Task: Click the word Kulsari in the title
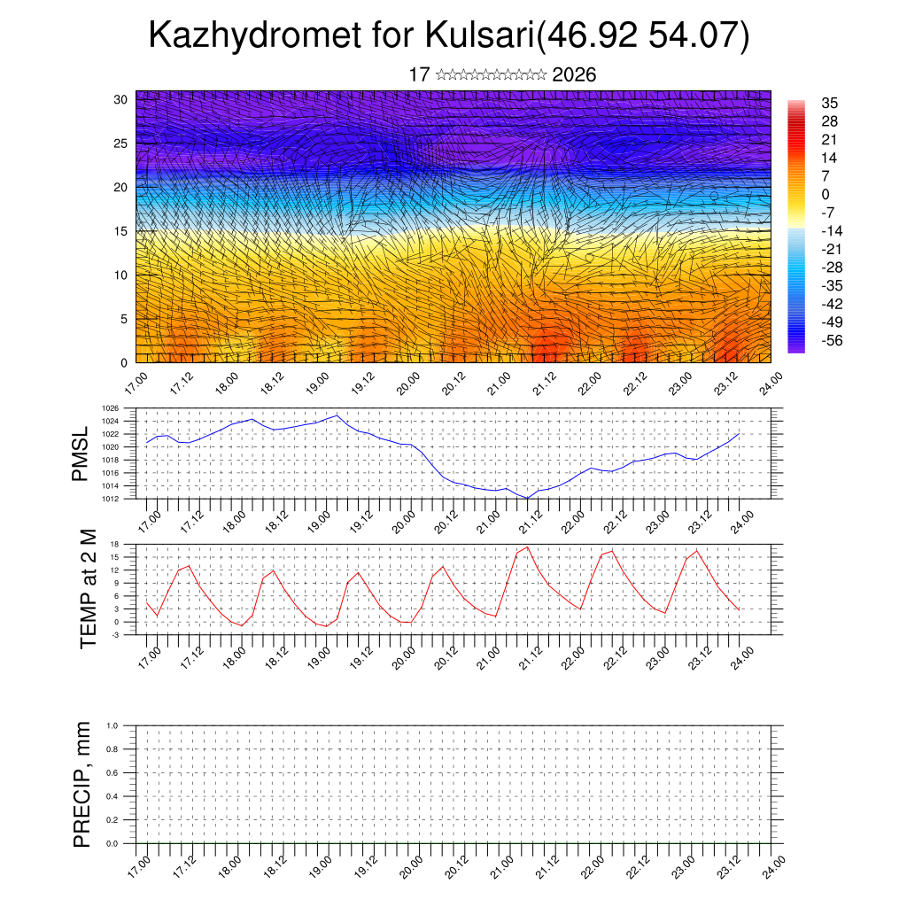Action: tap(479, 36)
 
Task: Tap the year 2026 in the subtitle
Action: tap(574, 74)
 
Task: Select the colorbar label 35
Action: tap(830, 103)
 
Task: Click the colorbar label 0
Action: tap(826, 194)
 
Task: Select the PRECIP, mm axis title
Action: tap(82, 784)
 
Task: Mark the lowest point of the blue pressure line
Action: tap(528, 498)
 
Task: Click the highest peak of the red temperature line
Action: tap(528, 547)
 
